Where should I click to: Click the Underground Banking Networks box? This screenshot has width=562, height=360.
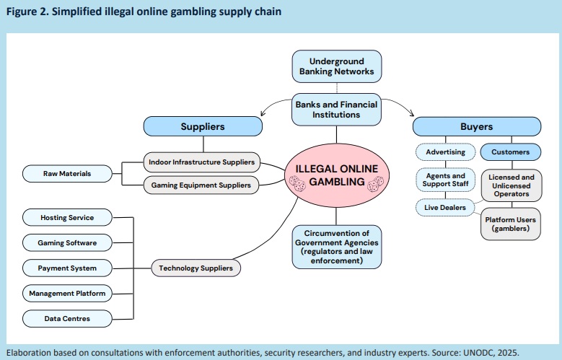tap(336, 66)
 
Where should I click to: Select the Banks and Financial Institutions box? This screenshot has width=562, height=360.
tap(336, 110)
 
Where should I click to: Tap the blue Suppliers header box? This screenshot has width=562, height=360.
tap(202, 126)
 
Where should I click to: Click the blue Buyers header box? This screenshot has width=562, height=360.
tap(476, 126)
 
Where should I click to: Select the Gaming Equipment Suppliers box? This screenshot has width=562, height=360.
tap(201, 185)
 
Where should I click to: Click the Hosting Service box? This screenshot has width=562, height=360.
tap(67, 217)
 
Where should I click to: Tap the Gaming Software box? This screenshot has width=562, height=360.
tap(67, 242)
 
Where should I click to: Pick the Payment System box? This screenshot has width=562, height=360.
tap(67, 268)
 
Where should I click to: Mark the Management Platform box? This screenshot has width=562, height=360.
tap(67, 293)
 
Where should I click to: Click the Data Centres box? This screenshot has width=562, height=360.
tap(67, 317)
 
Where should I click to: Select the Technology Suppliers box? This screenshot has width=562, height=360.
tap(196, 268)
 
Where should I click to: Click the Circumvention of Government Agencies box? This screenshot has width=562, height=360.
tap(336, 247)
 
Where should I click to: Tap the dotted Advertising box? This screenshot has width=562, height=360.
tap(445, 152)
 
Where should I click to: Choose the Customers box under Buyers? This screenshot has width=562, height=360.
tap(511, 152)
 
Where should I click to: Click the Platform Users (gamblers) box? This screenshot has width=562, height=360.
tap(511, 224)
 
